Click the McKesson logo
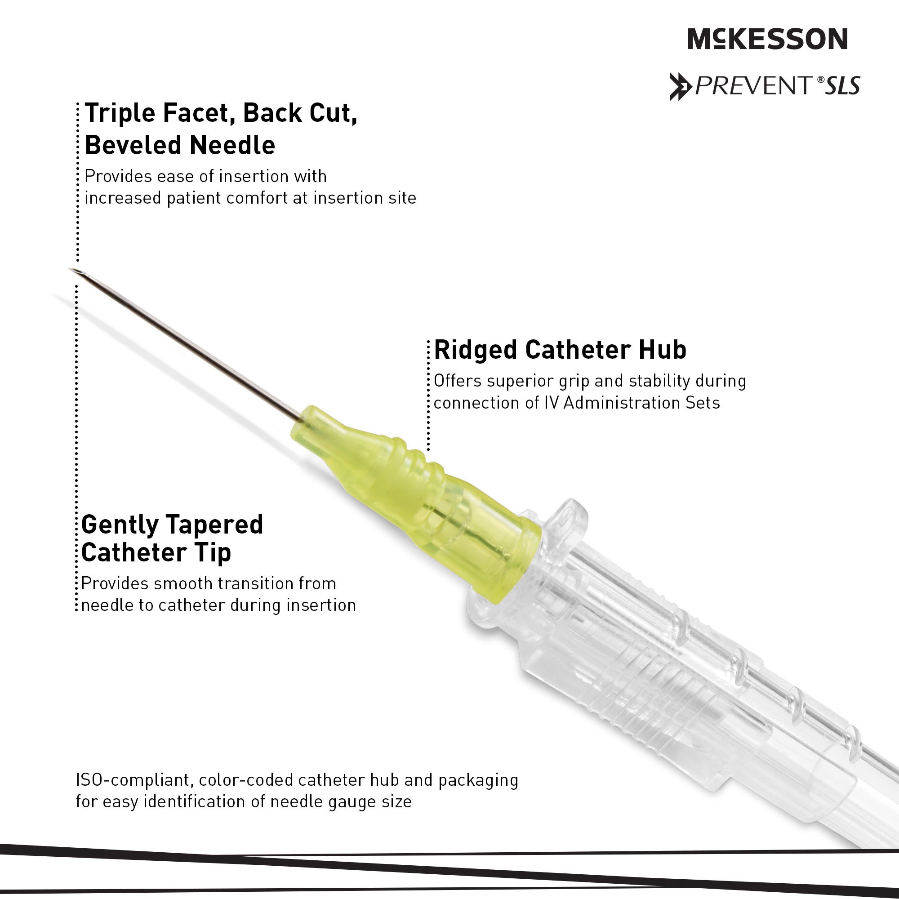coord(768,39)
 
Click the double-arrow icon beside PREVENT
coord(681,87)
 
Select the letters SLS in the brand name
coord(842,85)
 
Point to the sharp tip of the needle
coord(70,269)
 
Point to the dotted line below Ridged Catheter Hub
coord(428,396)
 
